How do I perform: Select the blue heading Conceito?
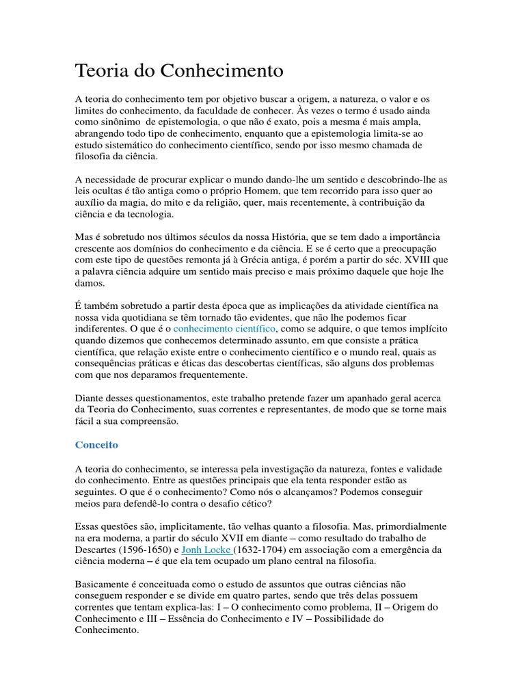point(96,444)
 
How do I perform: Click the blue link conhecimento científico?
point(225,329)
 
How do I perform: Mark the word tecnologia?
point(145,214)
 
